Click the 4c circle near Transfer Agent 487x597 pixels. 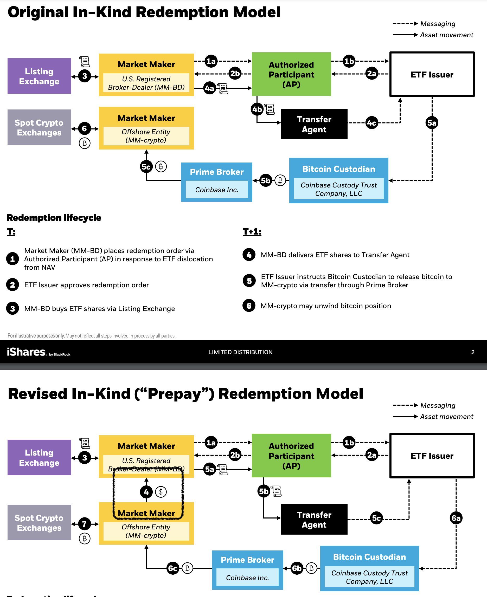372,123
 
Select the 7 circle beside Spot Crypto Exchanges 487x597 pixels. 85,524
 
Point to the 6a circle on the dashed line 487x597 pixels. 456,518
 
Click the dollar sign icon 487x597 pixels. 161,492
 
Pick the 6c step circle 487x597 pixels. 172,568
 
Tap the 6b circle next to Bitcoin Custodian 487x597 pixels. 297,568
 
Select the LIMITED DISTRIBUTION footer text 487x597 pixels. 240,352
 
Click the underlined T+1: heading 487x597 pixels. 252,232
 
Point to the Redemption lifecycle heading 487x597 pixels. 54,218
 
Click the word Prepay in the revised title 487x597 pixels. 174,394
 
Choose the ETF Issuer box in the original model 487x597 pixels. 432,74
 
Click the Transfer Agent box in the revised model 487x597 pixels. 314,520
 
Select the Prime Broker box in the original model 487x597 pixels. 216,182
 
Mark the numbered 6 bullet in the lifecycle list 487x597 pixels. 249,306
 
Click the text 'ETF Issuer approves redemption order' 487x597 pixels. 86,285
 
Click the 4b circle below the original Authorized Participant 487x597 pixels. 257,109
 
